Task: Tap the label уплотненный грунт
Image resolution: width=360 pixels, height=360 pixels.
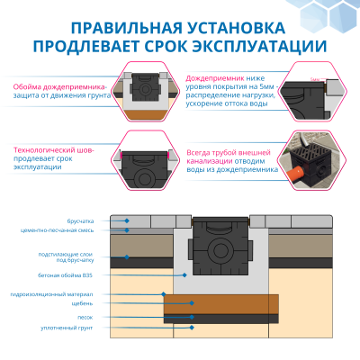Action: pyautogui.click(x=59, y=328)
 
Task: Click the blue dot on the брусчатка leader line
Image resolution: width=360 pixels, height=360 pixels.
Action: pyautogui.click(x=128, y=220)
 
